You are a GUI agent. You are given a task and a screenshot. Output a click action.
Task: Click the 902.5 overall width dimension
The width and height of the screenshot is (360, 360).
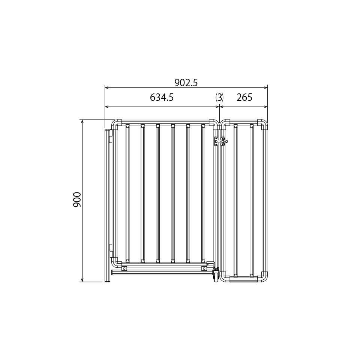tap(186, 82)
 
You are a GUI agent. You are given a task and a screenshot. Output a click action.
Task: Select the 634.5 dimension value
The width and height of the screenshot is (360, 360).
tap(162, 98)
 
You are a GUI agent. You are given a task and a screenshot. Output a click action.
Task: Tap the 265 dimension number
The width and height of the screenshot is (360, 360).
tap(244, 98)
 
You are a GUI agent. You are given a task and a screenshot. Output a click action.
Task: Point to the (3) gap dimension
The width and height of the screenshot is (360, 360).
tap(219, 98)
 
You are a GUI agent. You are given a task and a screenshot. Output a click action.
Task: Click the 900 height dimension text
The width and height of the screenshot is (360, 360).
tap(77, 200)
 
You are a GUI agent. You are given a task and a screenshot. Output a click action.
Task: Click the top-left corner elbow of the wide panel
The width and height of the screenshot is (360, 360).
tap(117, 124)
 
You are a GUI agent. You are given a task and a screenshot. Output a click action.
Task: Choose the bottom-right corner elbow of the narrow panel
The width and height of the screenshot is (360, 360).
tap(264, 277)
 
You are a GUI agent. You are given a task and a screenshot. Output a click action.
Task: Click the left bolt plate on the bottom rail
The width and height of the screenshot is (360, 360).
tap(124, 268)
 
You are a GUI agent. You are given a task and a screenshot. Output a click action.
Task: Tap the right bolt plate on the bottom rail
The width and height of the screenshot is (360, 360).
tap(204, 268)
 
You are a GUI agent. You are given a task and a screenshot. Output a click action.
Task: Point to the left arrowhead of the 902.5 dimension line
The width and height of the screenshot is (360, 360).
tap(106, 88)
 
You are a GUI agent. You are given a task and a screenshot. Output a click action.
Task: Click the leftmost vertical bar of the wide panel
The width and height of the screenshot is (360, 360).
tap(127, 193)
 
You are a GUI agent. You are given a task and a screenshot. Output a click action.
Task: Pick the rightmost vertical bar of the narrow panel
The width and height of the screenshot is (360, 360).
tap(252, 201)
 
